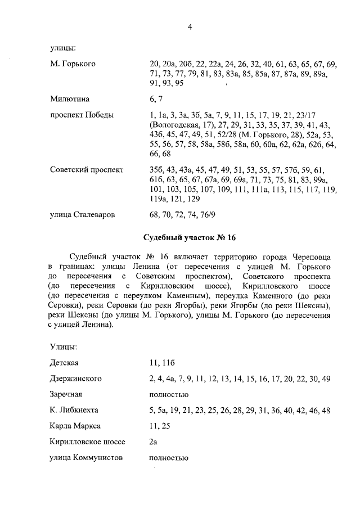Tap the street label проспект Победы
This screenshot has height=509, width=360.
click(x=82, y=115)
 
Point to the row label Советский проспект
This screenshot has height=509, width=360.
click(x=85, y=169)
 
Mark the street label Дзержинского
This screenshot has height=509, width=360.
click(x=76, y=378)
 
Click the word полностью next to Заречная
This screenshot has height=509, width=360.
click(x=168, y=394)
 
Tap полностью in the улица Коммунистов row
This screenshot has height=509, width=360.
click(x=168, y=458)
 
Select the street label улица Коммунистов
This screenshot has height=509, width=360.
click(x=86, y=458)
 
